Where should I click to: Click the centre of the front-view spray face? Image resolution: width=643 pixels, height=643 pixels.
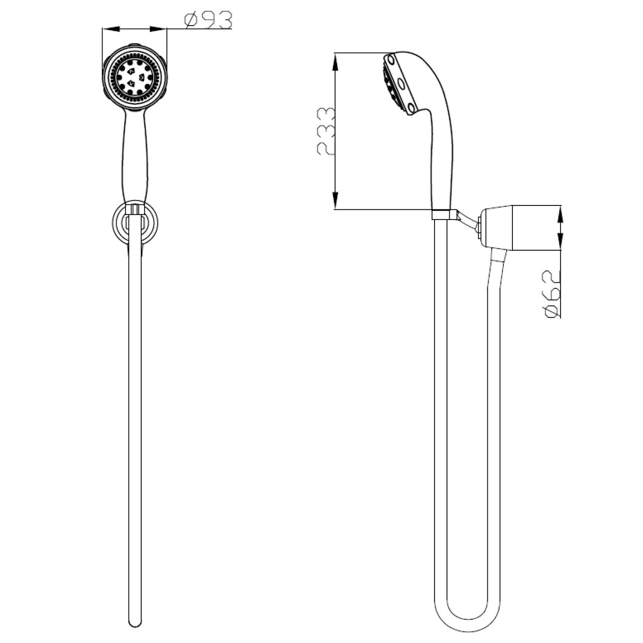[134, 77]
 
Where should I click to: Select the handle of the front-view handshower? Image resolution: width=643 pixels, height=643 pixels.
[134, 156]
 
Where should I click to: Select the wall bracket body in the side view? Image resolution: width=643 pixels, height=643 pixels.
[522, 227]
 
